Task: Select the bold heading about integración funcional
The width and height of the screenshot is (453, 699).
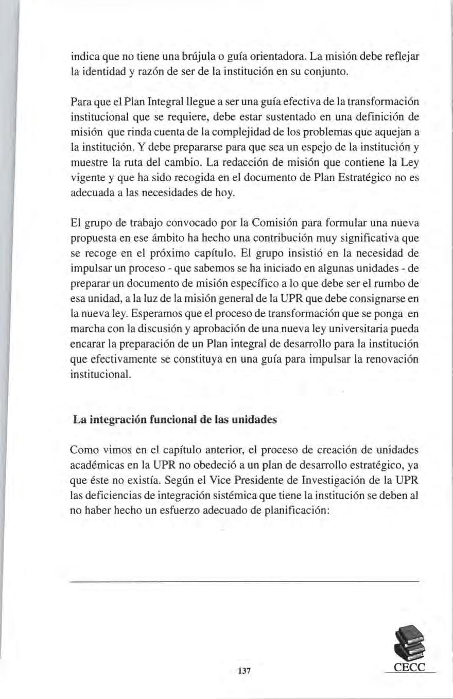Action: click(x=175, y=419)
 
